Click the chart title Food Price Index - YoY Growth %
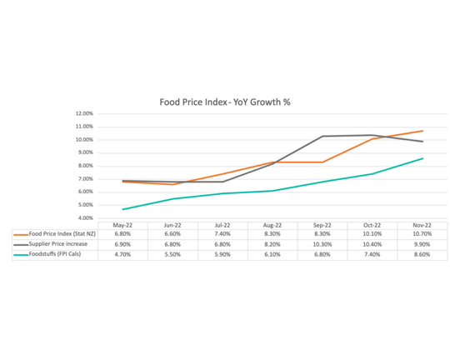224,101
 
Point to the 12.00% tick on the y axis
83,113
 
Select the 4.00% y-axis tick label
84,218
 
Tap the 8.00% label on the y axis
84,166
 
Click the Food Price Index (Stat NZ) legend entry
62,235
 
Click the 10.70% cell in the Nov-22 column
422,235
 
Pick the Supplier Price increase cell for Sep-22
322,245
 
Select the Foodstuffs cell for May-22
122,255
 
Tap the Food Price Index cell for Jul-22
222,235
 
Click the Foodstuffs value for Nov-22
422,255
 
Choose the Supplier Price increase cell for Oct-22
372,245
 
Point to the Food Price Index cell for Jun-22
172,235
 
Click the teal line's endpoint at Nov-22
422,158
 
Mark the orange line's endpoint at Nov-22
422,131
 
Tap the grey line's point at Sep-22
322,136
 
